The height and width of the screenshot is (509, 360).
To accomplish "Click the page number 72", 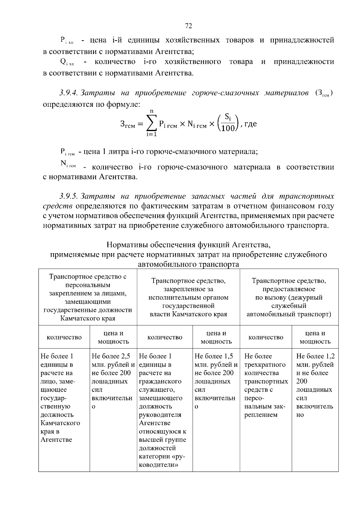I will [x=188, y=26].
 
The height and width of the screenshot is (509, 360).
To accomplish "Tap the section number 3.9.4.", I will [x=69, y=93].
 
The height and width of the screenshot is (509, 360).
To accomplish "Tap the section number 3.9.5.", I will [x=69, y=196].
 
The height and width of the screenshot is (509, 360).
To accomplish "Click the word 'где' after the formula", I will [x=250, y=124].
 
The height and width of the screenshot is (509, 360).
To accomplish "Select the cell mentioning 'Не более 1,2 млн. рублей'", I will [x=315, y=385].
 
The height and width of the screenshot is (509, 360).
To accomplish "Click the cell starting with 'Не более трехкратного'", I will [x=265, y=385].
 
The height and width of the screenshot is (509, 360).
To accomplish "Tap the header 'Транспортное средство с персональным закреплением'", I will [x=88, y=297].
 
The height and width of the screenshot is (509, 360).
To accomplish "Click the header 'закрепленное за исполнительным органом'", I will [x=188, y=297].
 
